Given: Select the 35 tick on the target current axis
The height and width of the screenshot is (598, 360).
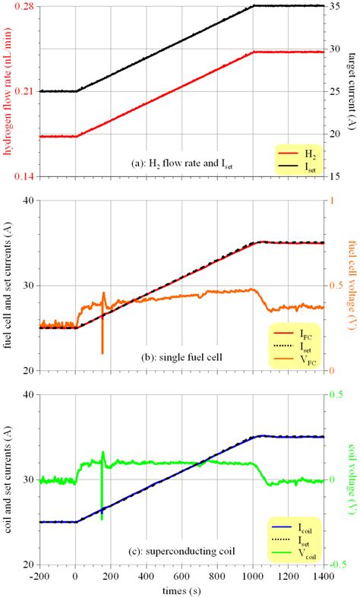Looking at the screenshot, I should tap(335, 6).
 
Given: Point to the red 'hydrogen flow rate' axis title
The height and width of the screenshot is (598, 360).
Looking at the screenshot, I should tap(7, 91).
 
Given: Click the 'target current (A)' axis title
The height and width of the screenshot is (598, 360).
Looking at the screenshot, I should tap(352, 91).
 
